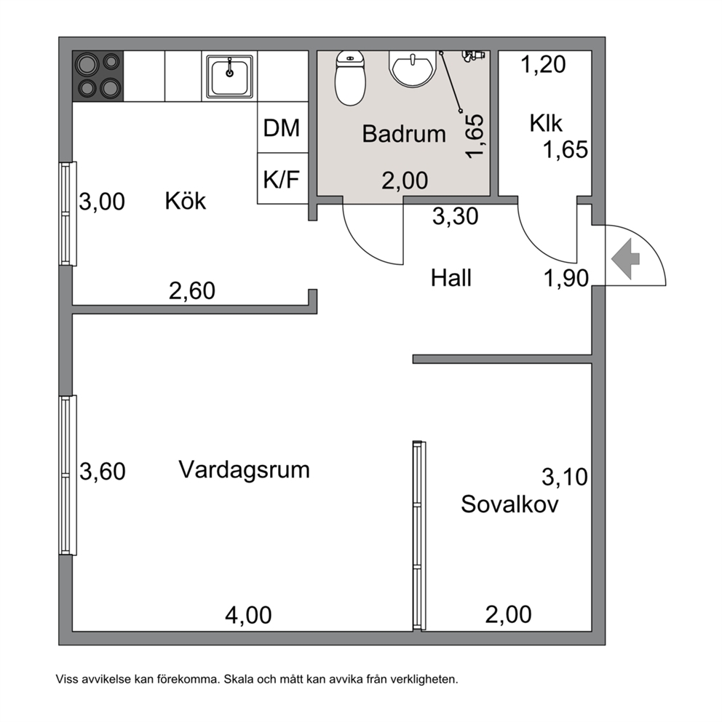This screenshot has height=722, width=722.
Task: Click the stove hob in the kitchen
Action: point(98,76)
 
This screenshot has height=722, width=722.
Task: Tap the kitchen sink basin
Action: point(229,76)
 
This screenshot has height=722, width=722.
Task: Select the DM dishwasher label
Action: point(282,127)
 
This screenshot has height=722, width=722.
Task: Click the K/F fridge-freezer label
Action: point(282,178)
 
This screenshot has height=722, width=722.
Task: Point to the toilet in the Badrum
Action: point(350,78)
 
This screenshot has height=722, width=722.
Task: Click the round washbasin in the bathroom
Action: point(412,68)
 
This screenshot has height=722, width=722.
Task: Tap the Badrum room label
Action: point(404,134)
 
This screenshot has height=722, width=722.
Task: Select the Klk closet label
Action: point(546,124)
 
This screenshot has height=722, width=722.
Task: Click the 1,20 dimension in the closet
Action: point(544,65)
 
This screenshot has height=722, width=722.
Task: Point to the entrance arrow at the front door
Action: point(625,259)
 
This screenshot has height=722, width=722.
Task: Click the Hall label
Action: point(451,278)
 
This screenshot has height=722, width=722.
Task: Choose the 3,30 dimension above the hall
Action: point(456,216)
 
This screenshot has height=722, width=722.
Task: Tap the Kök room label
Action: point(185,201)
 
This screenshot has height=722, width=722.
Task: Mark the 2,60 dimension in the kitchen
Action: point(192,291)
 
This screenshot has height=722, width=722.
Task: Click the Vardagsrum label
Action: point(244,470)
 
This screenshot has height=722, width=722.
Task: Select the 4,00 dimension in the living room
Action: point(248,615)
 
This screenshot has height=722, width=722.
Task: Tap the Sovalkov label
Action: point(509,504)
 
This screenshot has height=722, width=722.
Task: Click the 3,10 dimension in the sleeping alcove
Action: point(565,477)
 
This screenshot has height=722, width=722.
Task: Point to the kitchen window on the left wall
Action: point(68,214)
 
